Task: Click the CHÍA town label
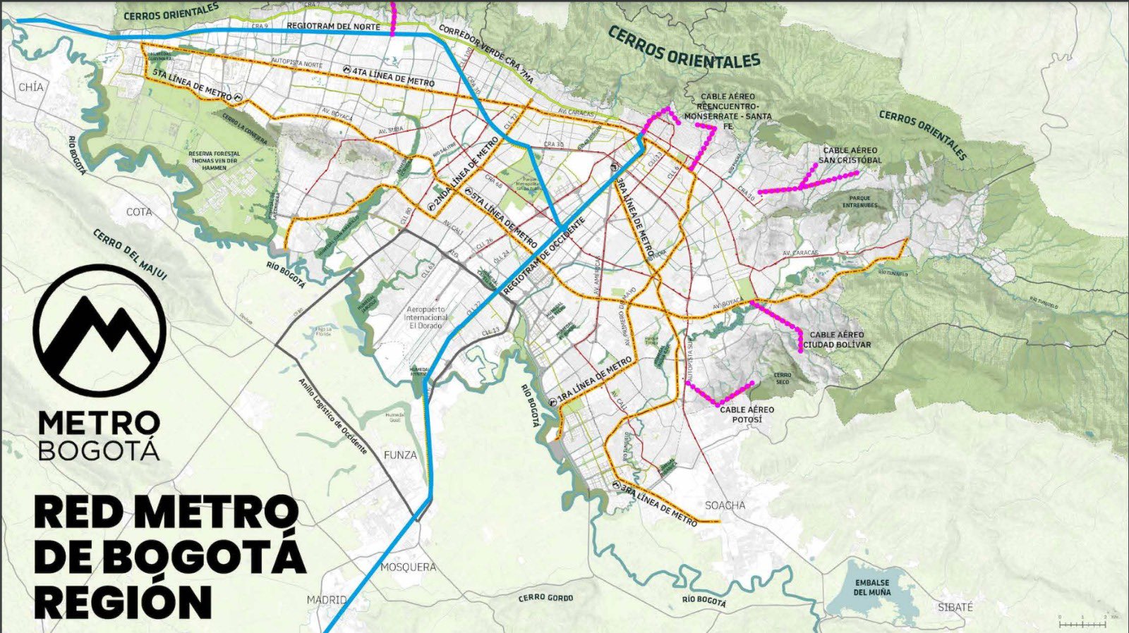point(31,87)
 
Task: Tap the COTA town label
point(139,212)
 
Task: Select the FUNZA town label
point(400,455)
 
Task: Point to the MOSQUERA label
point(408,567)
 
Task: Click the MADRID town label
point(327,600)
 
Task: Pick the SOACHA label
point(725,505)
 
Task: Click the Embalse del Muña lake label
point(872,587)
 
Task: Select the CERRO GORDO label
point(545,598)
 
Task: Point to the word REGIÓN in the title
point(123,601)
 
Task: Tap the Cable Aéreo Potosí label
point(747,414)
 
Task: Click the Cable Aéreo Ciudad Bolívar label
point(837,340)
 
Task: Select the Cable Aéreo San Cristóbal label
point(850,155)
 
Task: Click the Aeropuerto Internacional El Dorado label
point(425,318)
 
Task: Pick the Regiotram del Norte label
point(333,25)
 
